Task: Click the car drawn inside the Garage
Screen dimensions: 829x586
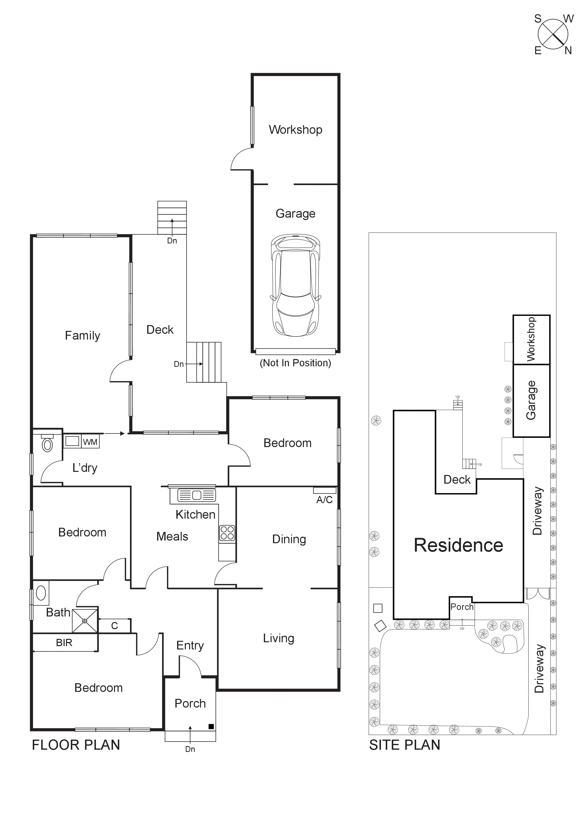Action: tap(295, 285)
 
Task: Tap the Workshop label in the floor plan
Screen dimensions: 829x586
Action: tap(295, 130)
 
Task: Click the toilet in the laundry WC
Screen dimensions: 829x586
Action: tap(47, 444)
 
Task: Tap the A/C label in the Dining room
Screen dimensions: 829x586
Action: tap(324, 500)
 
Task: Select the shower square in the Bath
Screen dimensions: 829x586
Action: tap(85, 621)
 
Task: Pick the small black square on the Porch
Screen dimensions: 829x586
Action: tap(211, 726)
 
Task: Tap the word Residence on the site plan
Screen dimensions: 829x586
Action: tap(458, 545)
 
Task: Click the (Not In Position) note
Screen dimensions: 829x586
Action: tap(295, 363)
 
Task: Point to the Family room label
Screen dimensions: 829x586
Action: tap(82, 335)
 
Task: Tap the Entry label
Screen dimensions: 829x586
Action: tap(190, 645)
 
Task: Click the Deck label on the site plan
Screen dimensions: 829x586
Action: tap(457, 480)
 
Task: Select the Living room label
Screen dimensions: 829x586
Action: tap(278, 638)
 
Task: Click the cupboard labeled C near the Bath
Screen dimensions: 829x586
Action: tap(114, 626)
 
